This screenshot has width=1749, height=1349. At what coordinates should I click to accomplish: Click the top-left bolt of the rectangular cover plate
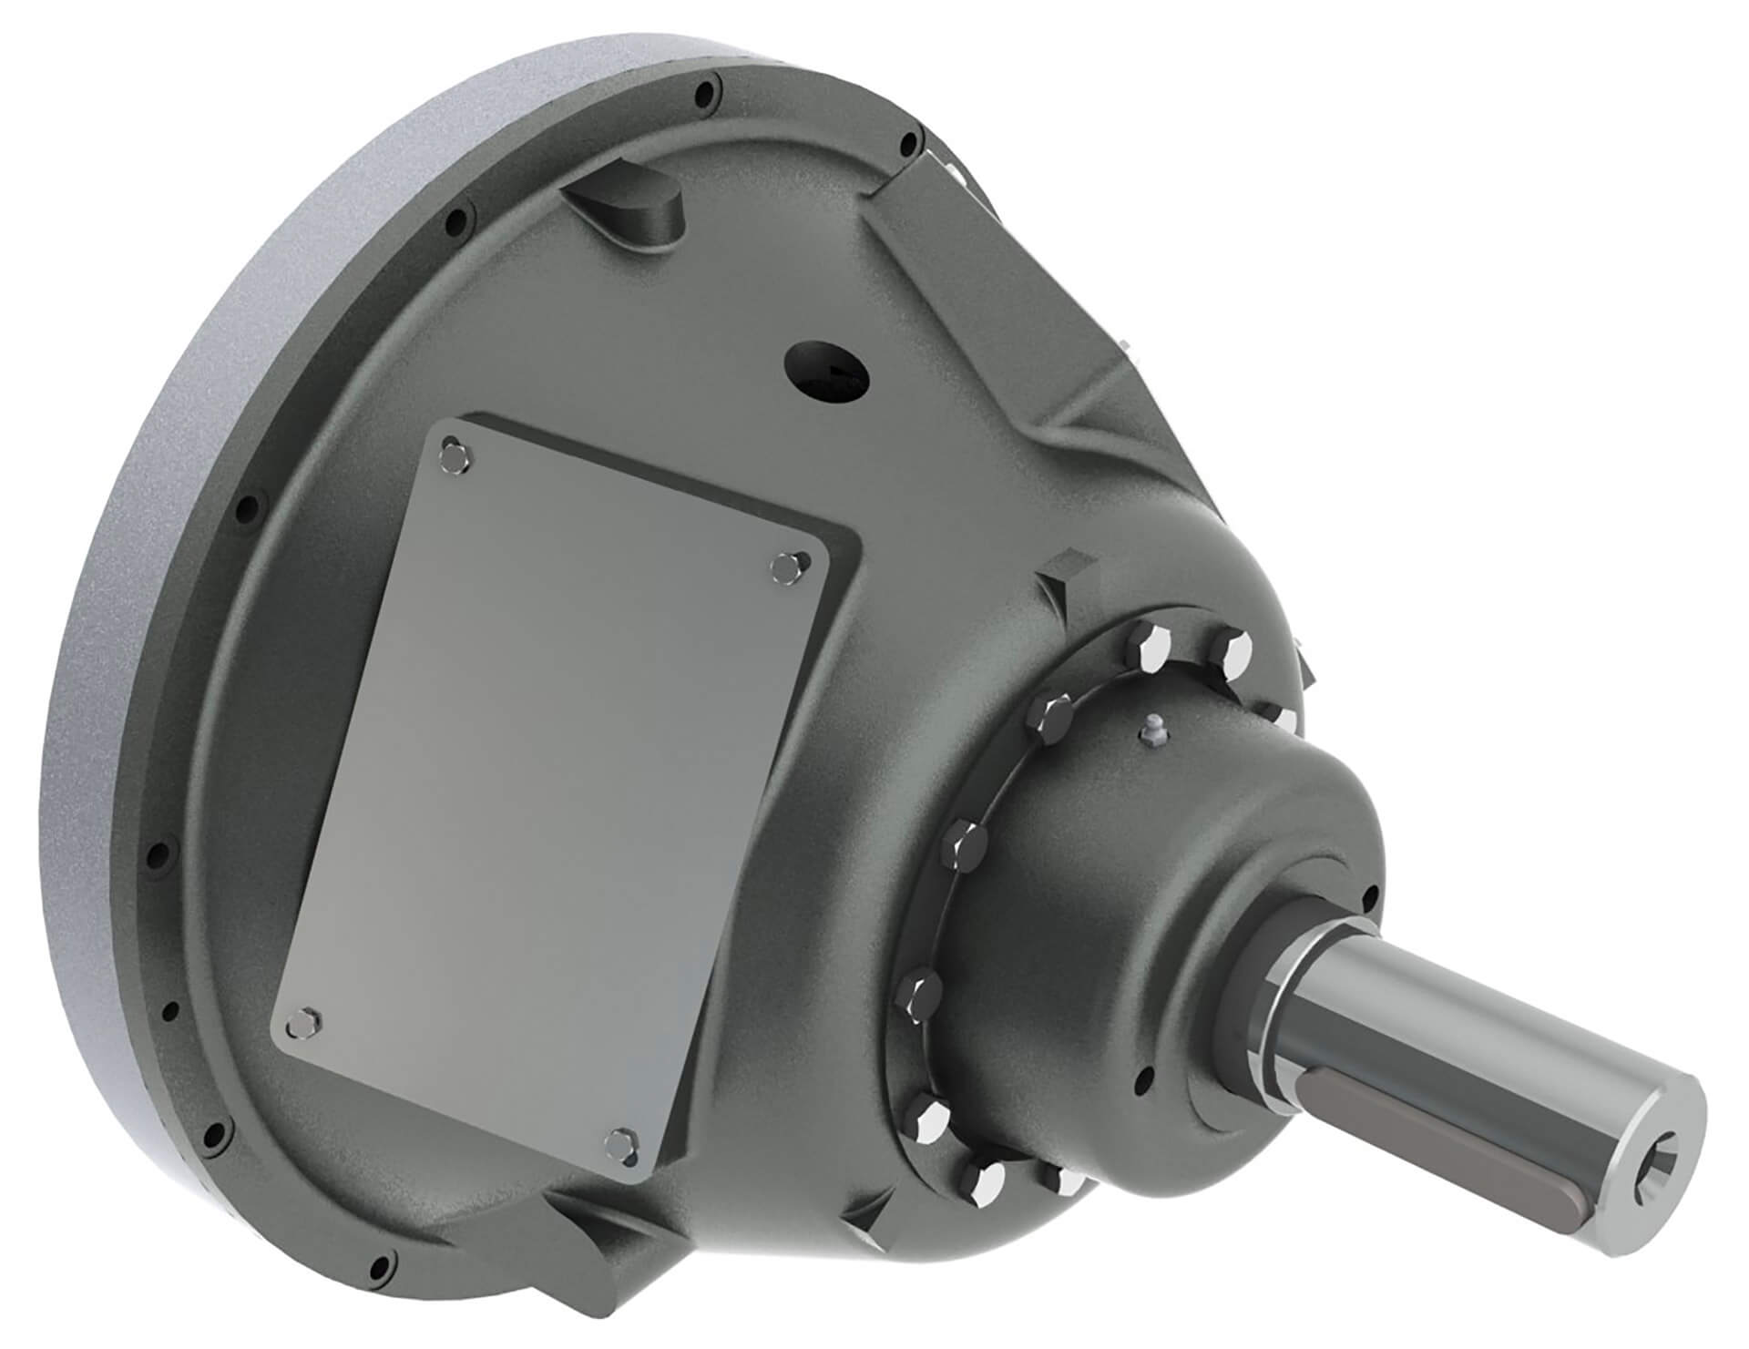(452, 452)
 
